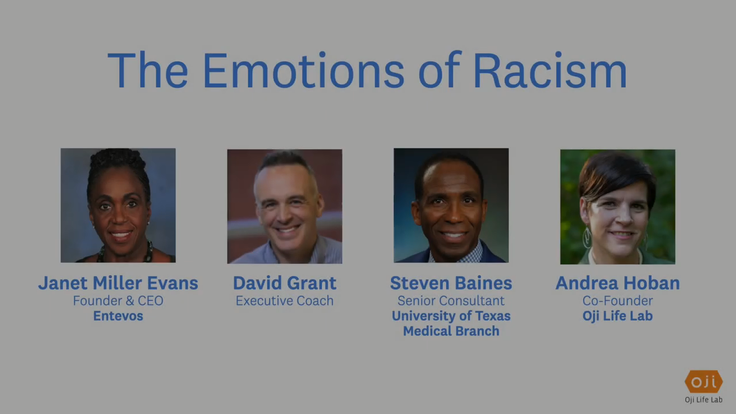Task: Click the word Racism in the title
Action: [550, 70]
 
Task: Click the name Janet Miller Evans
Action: [118, 283]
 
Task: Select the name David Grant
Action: [285, 283]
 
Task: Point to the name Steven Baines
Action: [451, 283]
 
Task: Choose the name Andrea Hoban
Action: [618, 283]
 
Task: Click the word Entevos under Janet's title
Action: [118, 316]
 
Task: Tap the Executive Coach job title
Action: [285, 301]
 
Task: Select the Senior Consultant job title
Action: [451, 301]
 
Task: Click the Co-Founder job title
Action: [618, 301]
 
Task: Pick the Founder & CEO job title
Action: [118, 301]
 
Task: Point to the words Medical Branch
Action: [451, 331]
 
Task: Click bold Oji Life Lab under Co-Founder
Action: [618, 316]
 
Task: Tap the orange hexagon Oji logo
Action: [704, 381]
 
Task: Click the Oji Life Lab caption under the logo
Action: [704, 400]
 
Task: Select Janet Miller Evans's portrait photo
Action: [118, 205]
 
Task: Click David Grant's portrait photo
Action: [285, 206]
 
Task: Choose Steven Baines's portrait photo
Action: [451, 205]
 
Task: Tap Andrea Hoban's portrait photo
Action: [618, 206]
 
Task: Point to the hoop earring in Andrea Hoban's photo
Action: [587, 237]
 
